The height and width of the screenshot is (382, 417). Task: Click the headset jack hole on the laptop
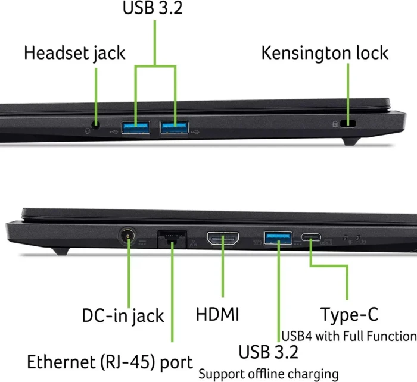(96, 124)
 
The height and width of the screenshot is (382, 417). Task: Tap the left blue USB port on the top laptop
(136, 127)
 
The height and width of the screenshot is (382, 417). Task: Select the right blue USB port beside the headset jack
(175, 127)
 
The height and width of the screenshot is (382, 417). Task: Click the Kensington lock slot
(348, 124)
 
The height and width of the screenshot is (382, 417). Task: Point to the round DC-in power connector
(127, 236)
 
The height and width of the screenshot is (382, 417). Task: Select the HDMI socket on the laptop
(223, 238)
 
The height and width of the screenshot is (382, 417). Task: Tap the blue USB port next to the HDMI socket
(278, 238)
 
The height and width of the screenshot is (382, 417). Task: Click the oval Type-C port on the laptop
(311, 237)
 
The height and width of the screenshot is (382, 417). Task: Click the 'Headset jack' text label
(74, 53)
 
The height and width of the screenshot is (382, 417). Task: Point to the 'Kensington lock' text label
(325, 53)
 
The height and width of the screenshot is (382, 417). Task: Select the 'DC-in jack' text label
(123, 316)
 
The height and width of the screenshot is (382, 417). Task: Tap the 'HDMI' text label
(217, 315)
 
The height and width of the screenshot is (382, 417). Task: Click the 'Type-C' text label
(349, 315)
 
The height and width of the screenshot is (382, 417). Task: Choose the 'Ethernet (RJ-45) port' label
(110, 362)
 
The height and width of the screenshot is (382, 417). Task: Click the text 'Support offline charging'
(269, 374)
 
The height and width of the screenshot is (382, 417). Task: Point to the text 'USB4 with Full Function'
(349, 336)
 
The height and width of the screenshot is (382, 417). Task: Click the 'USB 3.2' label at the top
(153, 8)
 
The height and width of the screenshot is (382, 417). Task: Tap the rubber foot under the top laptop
(351, 142)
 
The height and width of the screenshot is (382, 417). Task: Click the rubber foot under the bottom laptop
(60, 251)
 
